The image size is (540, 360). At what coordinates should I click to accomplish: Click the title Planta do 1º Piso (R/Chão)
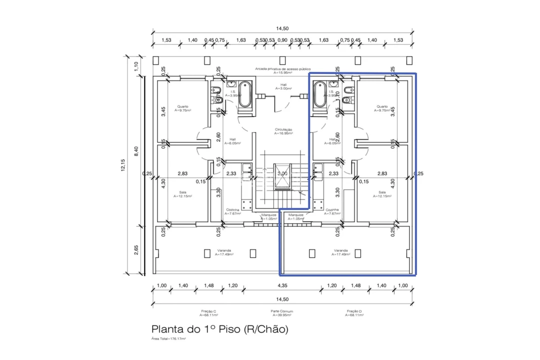coord(220,329)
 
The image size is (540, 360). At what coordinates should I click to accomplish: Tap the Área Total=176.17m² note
coord(168,339)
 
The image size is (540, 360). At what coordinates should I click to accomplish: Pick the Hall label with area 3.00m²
coord(283,86)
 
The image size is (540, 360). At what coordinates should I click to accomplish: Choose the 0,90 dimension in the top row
coord(282,40)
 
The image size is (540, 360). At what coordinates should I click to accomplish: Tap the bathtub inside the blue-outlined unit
coord(320,94)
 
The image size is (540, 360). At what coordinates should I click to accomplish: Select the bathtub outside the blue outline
coord(245,94)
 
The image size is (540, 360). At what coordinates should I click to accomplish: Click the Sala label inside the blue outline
coord(382,194)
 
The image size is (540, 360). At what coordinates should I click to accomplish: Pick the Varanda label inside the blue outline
coord(340,252)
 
